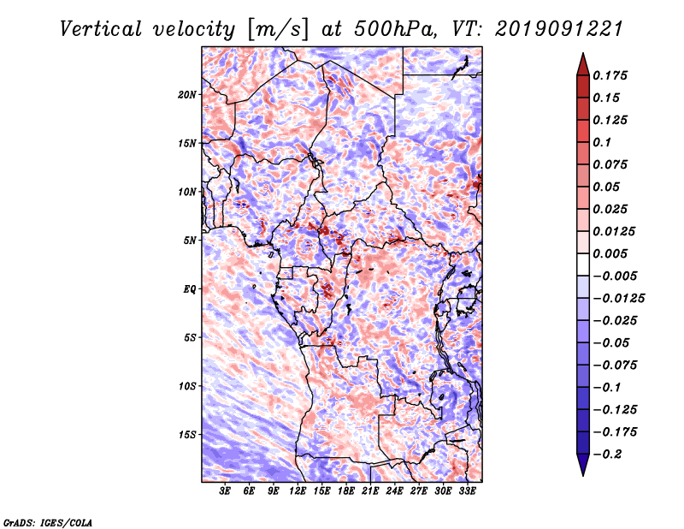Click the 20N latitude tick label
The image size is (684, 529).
click(187, 94)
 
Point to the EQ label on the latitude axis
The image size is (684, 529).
click(189, 288)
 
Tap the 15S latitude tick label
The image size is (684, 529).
click(187, 434)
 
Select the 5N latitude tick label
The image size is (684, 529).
click(189, 240)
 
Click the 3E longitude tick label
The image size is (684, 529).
click(226, 491)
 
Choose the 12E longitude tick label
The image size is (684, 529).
click(298, 491)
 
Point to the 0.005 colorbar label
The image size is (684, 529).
click(612, 253)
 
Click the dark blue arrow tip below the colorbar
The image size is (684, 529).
click(581, 469)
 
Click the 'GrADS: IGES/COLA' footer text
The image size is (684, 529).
click(47, 521)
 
